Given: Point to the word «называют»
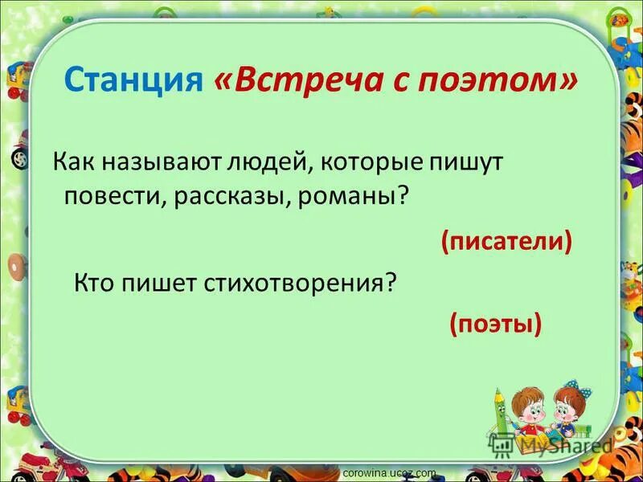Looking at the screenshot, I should tap(147, 163).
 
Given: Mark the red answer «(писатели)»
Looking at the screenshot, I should tap(506, 241).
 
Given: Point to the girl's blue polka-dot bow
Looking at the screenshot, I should tap(573, 389).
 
